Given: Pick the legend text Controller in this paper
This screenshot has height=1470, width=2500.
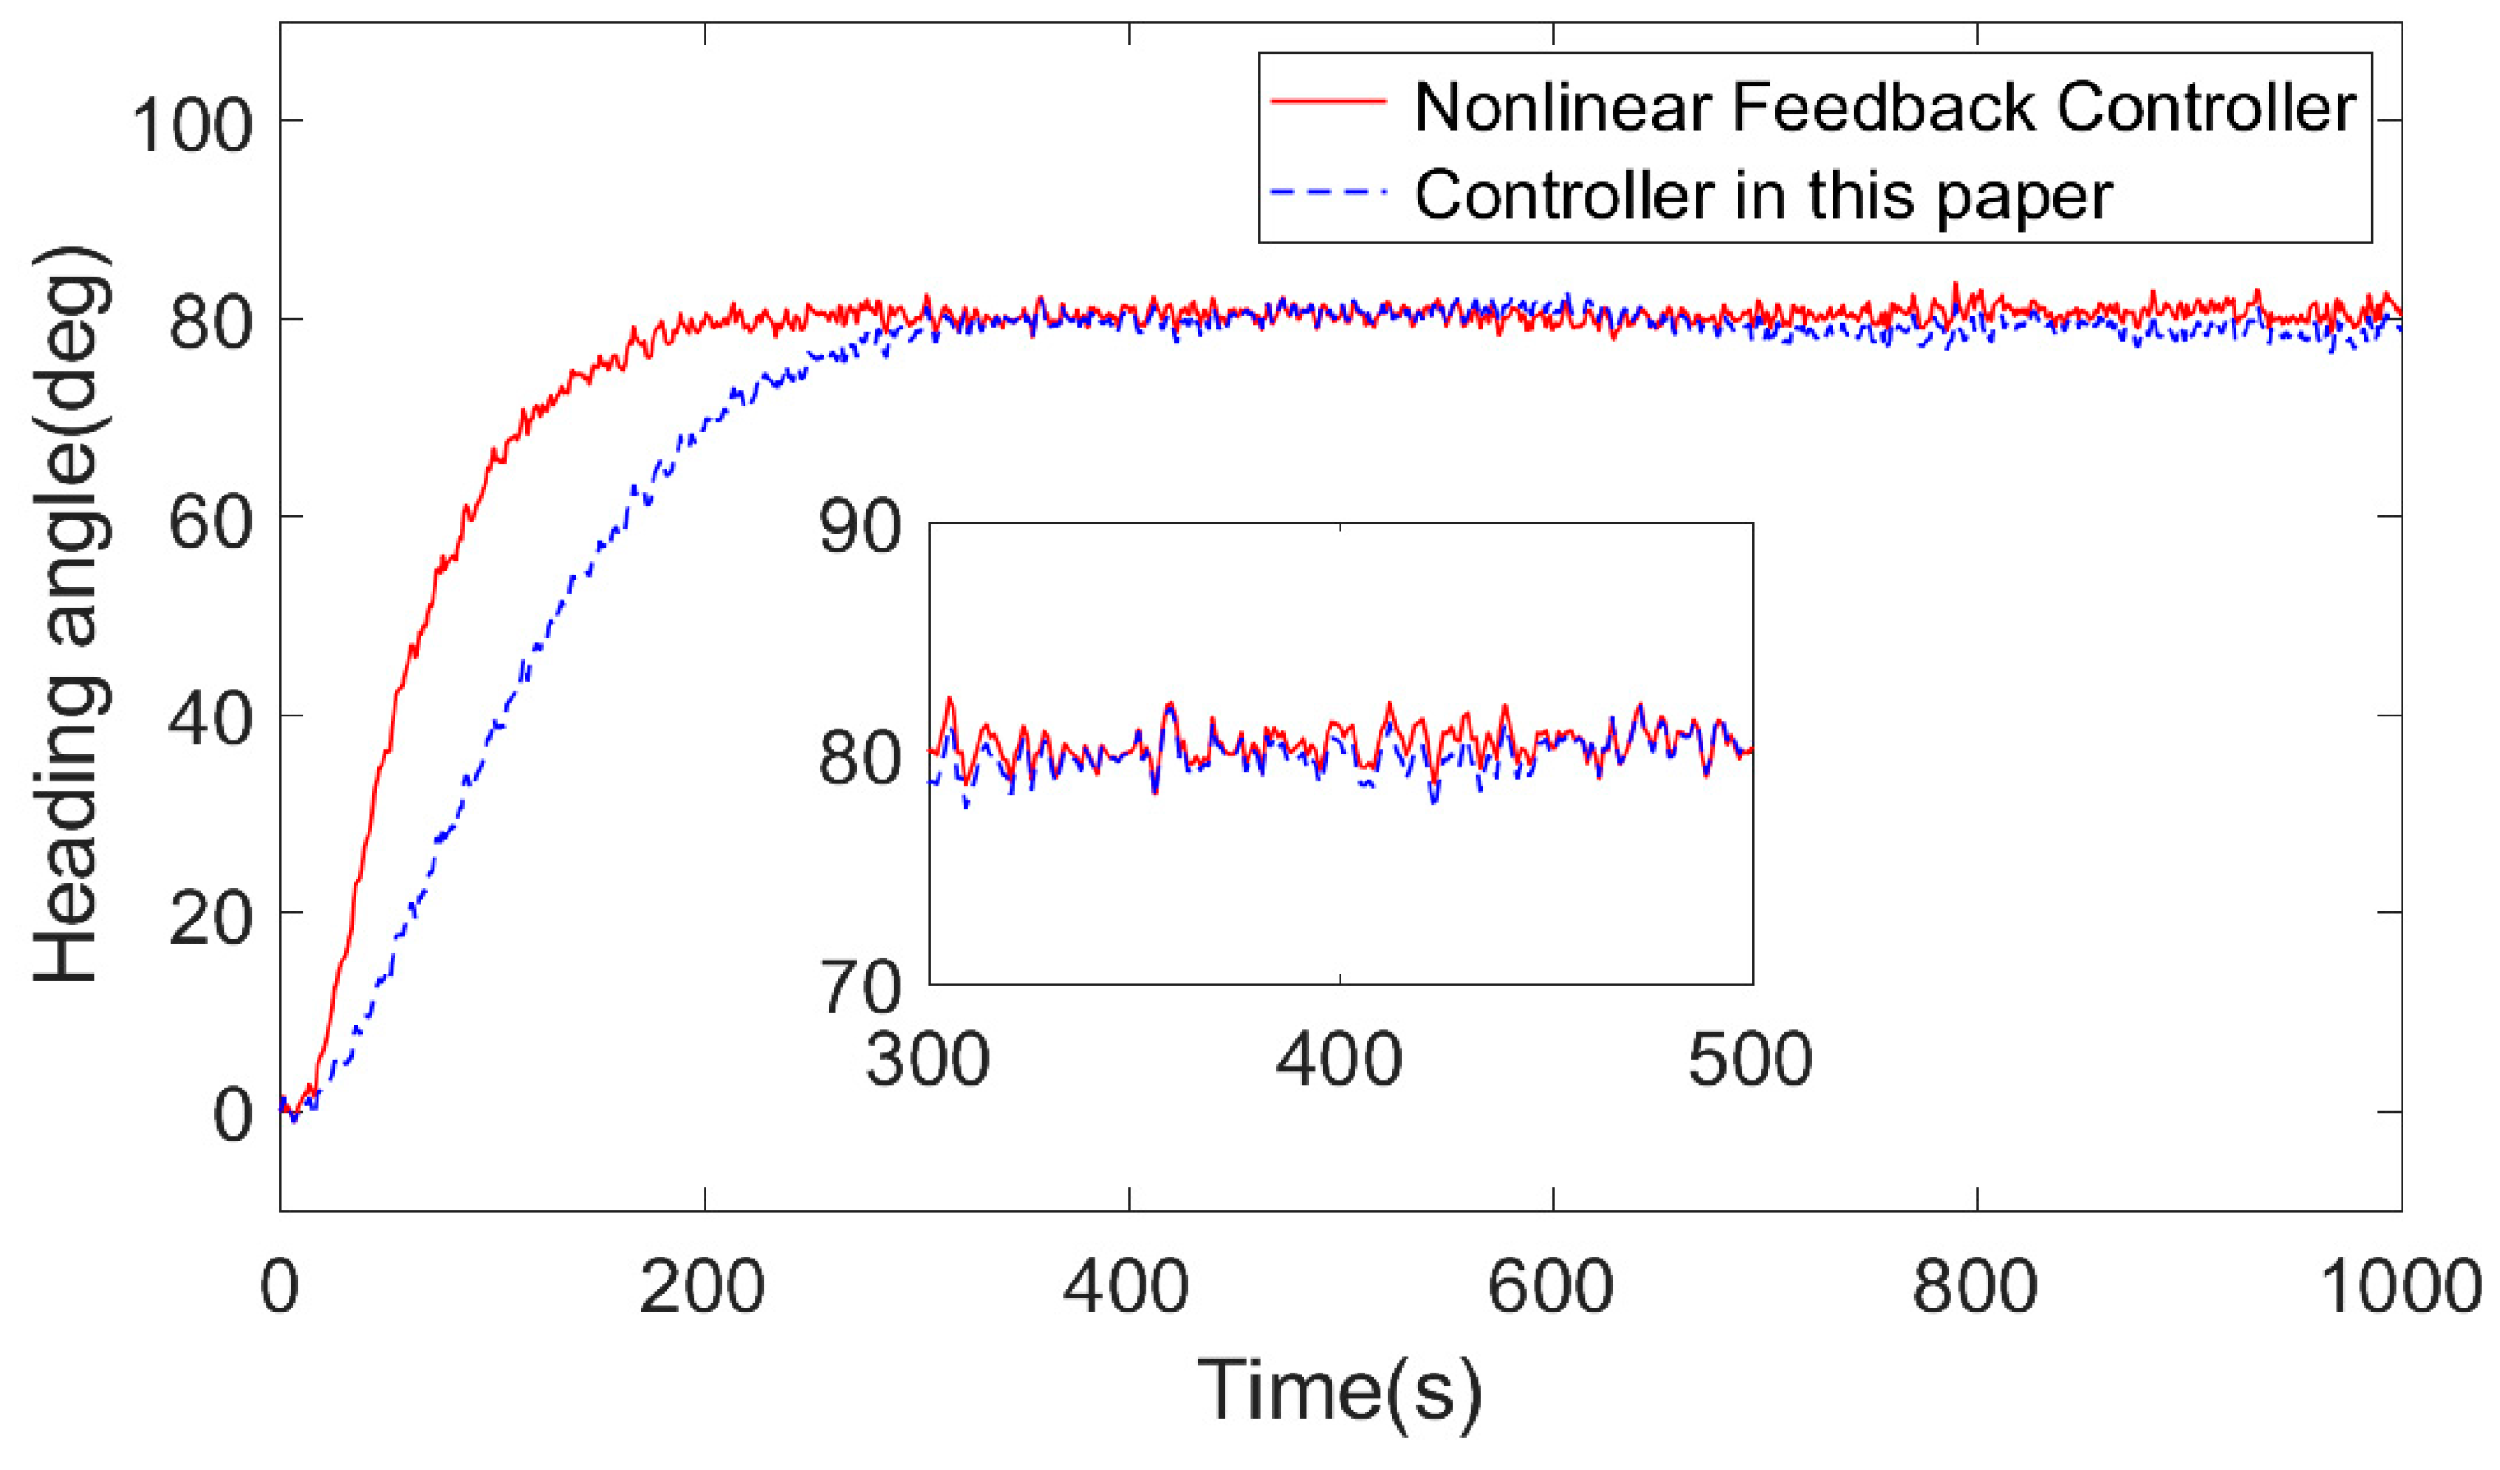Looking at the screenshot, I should pyautogui.click(x=1764, y=196).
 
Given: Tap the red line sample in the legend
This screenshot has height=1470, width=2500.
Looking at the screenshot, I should pyautogui.click(x=1328, y=100).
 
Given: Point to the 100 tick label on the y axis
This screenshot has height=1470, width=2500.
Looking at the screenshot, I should pyautogui.click(x=190, y=127).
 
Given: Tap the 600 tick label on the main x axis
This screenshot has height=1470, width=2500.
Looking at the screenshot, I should pyautogui.click(x=1551, y=1287).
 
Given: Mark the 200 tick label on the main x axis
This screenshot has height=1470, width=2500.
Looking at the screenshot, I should pyautogui.click(x=703, y=1287).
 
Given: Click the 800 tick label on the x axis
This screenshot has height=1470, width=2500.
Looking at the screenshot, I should pyautogui.click(x=1975, y=1287).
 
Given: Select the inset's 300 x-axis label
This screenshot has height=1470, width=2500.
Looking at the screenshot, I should pyautogui.click(x=927, y=1060).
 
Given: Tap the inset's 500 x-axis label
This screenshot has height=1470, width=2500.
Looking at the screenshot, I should pyautogui.click(x=1751, y=1060).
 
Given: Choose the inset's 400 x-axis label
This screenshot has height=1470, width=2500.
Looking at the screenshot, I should pyautogui.click(x=1340, y=1060).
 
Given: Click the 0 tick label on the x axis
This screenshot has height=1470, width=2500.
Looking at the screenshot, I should pyautogui.click(x=278, y=1287).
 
